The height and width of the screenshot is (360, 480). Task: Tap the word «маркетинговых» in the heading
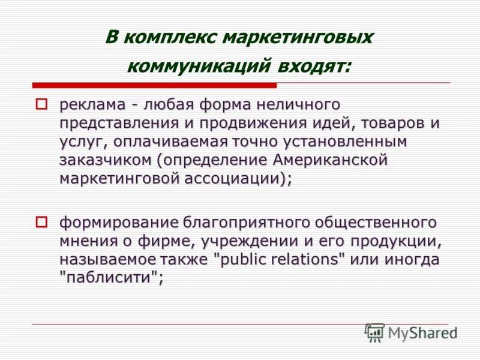(x=299, y=37)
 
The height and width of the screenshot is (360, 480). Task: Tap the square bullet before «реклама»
(x=41, y=104)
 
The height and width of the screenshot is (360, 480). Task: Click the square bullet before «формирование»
(x=41, y=223)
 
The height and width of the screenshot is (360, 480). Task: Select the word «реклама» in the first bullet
(x=92, y=105)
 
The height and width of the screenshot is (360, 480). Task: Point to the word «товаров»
(x=399, y=124)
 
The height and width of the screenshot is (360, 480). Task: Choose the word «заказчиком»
(x=105, y=161)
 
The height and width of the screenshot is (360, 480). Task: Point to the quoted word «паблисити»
(x=111, y=279)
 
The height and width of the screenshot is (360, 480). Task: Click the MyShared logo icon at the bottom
(x=375, y=332)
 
